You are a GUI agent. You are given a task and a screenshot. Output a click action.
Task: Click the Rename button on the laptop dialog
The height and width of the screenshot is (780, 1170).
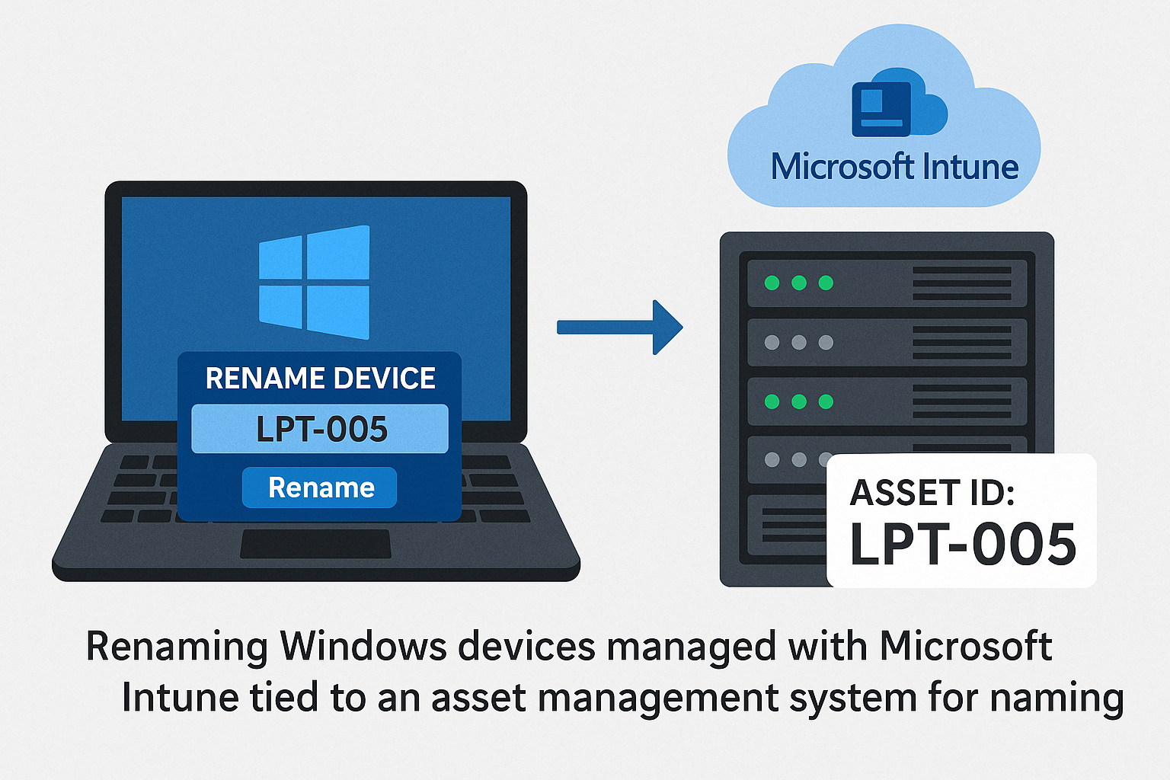(320, 487)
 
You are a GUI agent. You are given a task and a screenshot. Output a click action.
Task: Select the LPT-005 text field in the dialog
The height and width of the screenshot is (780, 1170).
(320, 429)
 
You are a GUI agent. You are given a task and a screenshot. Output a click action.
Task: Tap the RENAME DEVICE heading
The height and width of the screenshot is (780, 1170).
(320, 379)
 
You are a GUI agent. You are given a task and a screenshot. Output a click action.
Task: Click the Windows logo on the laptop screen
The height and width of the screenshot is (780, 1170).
(314, 282)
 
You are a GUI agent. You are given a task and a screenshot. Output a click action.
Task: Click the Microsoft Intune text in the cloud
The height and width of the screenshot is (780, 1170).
(894, 167)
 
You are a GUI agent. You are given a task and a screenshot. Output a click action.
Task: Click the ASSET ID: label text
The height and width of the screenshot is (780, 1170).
(932, 493)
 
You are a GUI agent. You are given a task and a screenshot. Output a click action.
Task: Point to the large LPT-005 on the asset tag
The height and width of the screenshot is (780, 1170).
(963, 545)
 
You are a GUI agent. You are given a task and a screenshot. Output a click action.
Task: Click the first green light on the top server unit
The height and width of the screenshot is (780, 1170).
(772, 283)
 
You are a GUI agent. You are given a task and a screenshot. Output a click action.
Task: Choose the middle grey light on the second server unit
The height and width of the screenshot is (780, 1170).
(799, 343)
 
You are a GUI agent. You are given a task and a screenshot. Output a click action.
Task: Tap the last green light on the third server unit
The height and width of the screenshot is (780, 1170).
(826, 401)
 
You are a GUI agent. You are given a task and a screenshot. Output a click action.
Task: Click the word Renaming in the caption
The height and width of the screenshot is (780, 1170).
(177, 647)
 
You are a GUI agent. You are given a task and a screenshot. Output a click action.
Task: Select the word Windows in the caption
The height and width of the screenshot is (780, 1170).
(363, 647)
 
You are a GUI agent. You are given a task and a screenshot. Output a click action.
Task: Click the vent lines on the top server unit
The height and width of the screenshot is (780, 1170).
(962, 283)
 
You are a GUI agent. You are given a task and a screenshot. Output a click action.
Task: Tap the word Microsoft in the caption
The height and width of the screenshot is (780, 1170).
(966, 647)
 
